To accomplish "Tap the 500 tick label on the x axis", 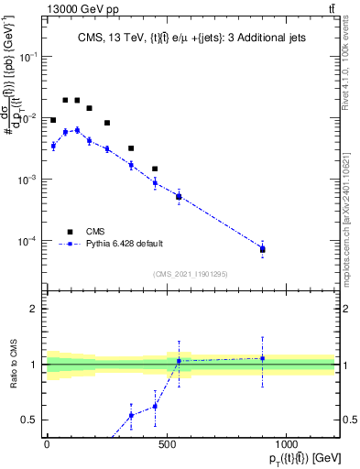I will (167, 444).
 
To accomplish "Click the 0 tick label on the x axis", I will (47, 444).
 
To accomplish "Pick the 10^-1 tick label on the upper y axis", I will (29, 56).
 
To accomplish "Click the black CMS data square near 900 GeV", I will (263, 248).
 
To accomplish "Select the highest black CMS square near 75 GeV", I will (65, 100).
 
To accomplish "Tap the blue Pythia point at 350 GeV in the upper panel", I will (131, 165).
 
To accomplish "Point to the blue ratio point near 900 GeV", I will (263, 358).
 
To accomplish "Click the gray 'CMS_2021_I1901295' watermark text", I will (191, 274).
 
